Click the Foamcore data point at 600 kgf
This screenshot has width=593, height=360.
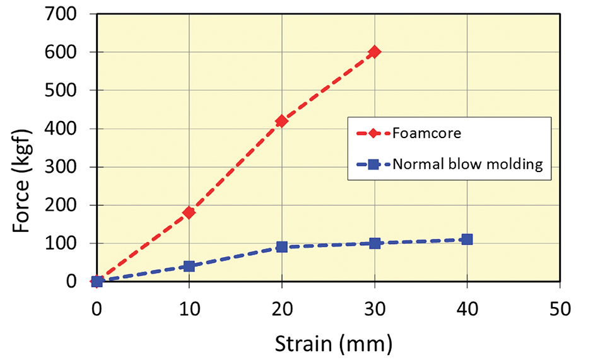point(375,52)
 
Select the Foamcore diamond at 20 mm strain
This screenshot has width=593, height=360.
point(282,120)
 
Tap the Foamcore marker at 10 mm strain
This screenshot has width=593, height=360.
point(189,212)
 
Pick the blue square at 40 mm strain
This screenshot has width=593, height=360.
point(467,239)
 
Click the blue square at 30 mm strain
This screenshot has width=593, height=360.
point(375,243)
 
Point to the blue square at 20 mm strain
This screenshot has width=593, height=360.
point(282,247)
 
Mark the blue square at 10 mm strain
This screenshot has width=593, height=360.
point(189,266)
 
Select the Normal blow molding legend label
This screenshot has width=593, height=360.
point(467,165)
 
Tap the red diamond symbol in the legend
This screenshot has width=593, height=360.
point(373,134)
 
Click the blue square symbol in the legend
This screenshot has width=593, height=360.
point(373,165)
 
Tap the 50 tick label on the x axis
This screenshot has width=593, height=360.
point(560,310)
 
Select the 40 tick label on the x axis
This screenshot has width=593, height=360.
point(467,310)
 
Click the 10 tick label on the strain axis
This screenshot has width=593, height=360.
point(189,310)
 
